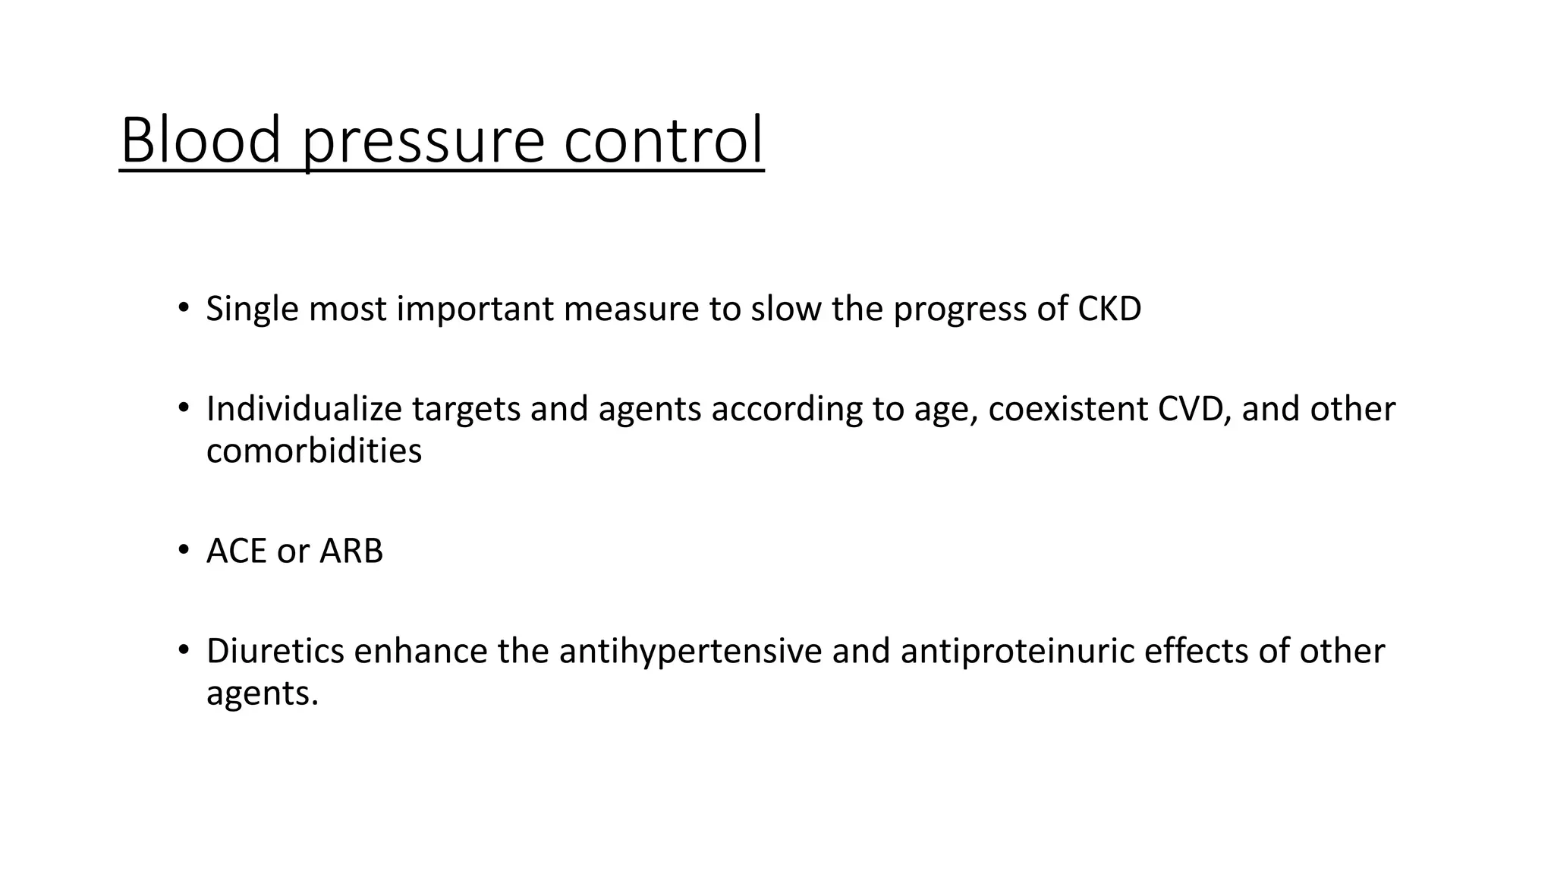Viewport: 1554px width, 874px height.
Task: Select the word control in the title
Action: pyautogui.click(x=663, y=140)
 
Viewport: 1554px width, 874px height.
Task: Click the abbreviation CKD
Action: pyautogui.click(x=1109, y=309)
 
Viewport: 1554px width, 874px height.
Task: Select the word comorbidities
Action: pyautogui.click(x=313, y=451)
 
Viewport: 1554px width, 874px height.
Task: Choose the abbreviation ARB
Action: pyautogui.click(x=351, y=551)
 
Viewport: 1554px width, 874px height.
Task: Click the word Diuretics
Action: pyautogui.click(x=275, y=651)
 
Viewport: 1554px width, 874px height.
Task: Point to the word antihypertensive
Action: pyautogui.click(x=690, y=651)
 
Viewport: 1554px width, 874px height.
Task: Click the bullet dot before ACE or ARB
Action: pyautogui.click(x=183, y=549)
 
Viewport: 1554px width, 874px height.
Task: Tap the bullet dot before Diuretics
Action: pyautogui.click(x=183, y=649)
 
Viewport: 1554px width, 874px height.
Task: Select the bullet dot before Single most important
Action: pyautogui.click(x=183, y=307)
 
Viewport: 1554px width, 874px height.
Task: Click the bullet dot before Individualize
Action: pyautogui.click(x=183, y=407)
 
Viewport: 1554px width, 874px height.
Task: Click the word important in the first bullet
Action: pyautogui.click(x=475, y=310)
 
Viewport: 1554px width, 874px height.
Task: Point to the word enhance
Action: pyautogui.click(x=420, y=651)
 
